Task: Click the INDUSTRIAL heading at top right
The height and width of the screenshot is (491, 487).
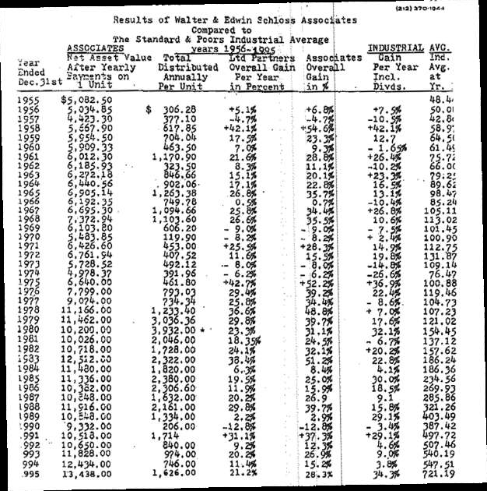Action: point(396,48)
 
